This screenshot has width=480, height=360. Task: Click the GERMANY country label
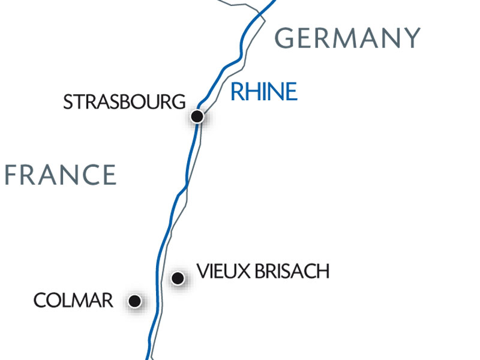(347, 38)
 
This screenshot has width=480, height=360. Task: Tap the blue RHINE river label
(264, 92)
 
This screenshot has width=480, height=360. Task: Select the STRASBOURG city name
(124, 102)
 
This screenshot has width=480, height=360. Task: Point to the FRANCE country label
(60, 175)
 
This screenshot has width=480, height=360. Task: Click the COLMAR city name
(73, 301)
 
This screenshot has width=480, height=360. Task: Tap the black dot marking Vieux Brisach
(178, 278)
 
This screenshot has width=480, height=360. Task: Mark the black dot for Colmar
(136, 301)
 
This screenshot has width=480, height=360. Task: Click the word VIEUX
(218, 272)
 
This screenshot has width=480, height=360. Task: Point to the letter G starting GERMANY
(285, 38)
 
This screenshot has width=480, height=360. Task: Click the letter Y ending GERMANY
(411, 38)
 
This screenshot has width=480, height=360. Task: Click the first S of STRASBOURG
(68, 102)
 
